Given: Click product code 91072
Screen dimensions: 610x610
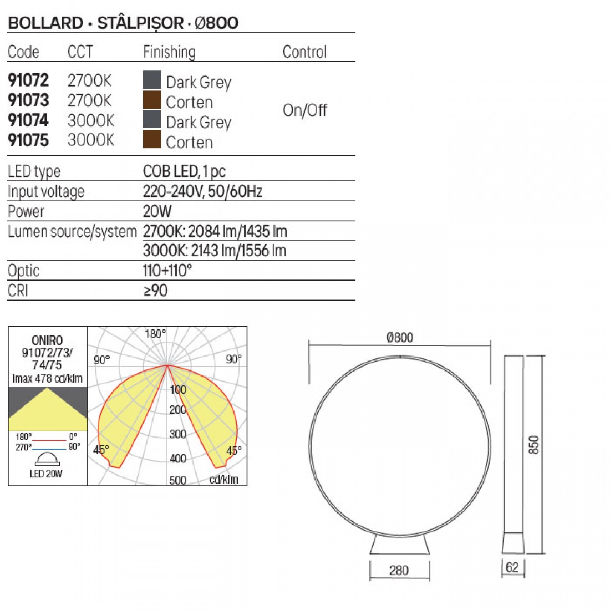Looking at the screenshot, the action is point(28,80).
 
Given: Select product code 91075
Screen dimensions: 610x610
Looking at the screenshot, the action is point(28,140).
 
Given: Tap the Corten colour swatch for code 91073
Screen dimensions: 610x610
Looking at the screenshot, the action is point(152,100).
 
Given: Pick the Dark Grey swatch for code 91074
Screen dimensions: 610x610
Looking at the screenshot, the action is point(152,119).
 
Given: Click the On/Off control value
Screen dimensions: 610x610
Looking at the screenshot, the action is point(304,110).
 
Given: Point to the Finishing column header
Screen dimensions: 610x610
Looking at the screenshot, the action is point(169,52).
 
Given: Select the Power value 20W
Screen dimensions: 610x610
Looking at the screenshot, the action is point(157,211).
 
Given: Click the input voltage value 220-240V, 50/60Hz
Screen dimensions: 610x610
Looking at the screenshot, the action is point(202,191).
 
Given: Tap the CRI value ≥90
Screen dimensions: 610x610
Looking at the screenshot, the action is point(155,291).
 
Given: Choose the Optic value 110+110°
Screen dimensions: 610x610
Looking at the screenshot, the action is point(167,271).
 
